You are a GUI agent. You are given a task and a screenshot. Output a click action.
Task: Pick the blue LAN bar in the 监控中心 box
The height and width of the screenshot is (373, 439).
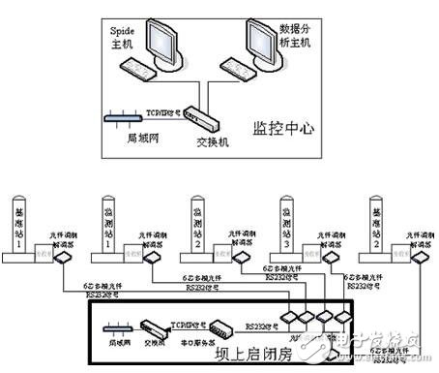coord(125,120)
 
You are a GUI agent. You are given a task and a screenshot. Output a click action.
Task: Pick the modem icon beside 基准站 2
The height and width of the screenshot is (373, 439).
coord(422,260)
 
